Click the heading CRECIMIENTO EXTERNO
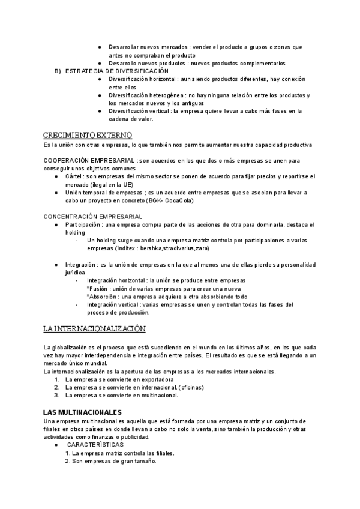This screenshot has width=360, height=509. pyautogui.click(x=88, y=136)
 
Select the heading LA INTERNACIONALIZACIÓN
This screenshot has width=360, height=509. pyautogui.click(x=95, y=329)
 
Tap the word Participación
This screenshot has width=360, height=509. pyautogui.click(x=83, y=224)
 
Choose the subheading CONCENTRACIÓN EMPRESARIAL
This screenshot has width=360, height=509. pyautogui.click(x=93, y=216)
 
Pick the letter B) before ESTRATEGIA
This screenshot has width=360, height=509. pyautogui.click(x=58, y=71)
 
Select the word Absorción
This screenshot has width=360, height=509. pyautogui.click(x=102, y=297)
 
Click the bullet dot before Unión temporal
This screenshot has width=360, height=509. pyautogui.click(x=56, y=193)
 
